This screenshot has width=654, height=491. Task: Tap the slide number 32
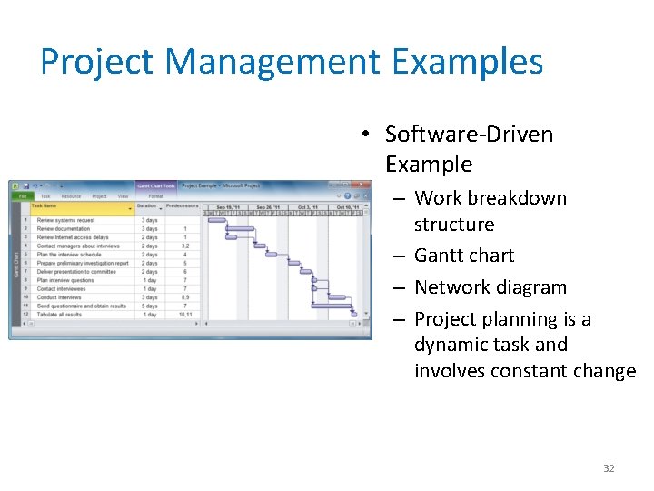tap(609, 468)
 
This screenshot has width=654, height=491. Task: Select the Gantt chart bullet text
tap(463, 256)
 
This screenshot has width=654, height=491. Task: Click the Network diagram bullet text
tap(490, 287)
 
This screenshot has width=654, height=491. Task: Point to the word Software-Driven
tap(469, 135)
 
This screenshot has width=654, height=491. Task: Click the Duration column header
tap(147, 206)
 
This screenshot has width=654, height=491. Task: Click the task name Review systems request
tap(65, 220)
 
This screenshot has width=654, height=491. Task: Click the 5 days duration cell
tap(149, 306)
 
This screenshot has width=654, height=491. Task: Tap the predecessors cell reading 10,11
tap(185, 315)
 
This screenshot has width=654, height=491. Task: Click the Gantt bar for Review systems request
tap(217, 220)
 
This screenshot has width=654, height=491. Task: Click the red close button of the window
tap(365, 185)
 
